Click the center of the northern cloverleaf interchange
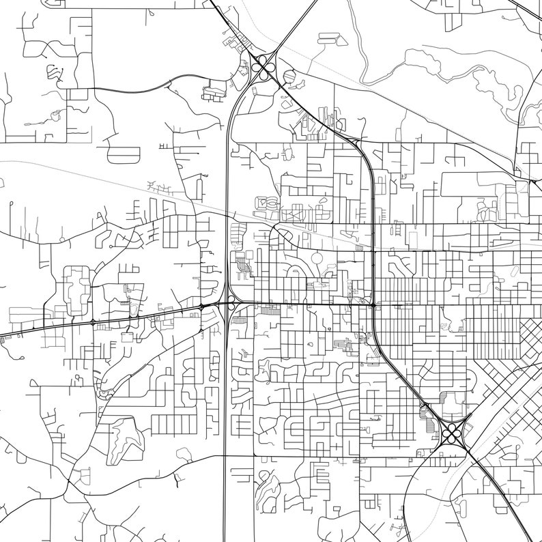pos(263,66)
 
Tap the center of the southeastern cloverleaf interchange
pos(451,431)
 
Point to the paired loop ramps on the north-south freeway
pos(231,303)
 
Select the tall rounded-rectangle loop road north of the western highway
pos(76,287)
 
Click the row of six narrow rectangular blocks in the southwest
pos(164,424)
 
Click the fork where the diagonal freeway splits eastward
pos(355,140)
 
